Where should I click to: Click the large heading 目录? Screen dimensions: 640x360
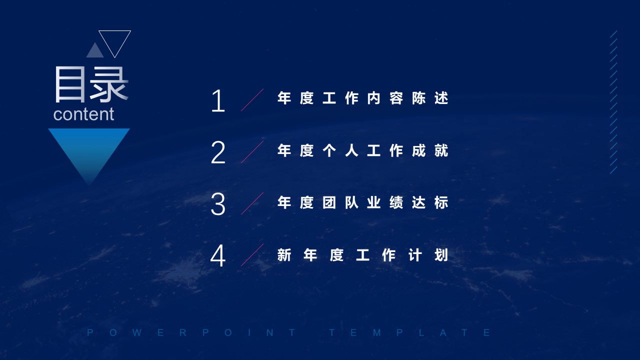(x=91, y=84)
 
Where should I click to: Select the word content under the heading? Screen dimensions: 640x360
(x=83, y=114)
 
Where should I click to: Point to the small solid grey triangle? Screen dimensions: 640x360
(x=95, y=50)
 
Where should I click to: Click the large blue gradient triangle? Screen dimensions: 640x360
(x=89, y=148)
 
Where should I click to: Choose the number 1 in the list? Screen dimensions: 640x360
(x=218, y=100)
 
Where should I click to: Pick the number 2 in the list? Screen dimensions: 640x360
(x=218, y=152)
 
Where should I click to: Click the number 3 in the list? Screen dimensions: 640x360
(x=218, y=204)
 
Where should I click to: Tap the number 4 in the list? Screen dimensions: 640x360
(x=218, y=255)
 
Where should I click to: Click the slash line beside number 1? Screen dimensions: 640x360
(x=252, y=99)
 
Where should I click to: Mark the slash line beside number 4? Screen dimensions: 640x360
(x=252, y=255)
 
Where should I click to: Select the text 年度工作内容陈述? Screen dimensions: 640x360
(x=363, y=98)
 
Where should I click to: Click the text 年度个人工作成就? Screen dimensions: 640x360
(x=363, y=150)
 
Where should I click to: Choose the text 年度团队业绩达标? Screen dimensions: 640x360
(x=363, y=202)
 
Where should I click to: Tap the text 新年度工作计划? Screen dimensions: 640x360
(x=363, y=255)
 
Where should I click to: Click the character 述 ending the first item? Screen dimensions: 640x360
(x=441, y=98)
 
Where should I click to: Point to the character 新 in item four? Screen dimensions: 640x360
(x=284, y=255)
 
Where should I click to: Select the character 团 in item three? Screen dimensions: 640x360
(x=329, y=202)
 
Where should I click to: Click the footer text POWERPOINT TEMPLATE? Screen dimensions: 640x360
(x=289, y=332)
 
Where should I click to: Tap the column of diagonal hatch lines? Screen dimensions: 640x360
(x=613, y=102)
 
